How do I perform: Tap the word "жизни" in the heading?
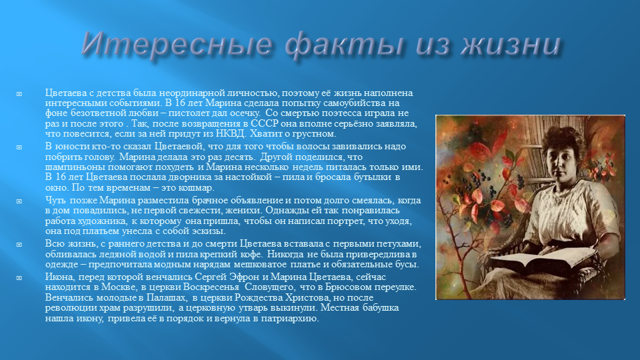coord(511,44)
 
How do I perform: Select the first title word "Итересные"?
coord(177,43)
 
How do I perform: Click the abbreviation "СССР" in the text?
coord(265,123)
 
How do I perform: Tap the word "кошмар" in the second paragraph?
coord(198,188)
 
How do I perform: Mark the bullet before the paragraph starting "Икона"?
coord(19,277)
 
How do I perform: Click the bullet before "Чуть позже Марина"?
coord(19,201)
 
